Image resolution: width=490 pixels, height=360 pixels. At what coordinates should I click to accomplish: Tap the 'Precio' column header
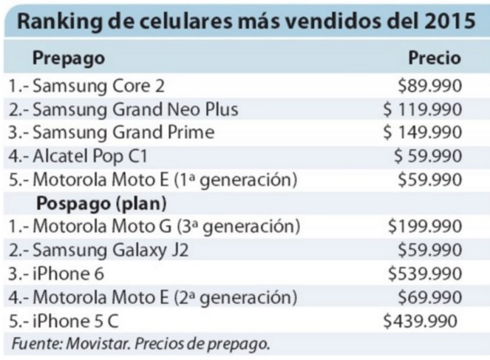(435, 58)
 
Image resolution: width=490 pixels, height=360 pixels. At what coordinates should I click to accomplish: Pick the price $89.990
(430, 86)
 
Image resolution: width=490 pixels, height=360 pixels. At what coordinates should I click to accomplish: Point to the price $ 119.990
(423, 109)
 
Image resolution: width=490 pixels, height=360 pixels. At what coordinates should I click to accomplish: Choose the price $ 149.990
(423, 133)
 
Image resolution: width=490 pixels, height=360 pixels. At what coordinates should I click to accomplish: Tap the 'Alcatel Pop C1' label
(83, 156)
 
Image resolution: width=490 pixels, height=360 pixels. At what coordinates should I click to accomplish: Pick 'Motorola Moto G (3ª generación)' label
(154, 225)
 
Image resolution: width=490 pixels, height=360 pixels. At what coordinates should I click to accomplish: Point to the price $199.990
(426, 225)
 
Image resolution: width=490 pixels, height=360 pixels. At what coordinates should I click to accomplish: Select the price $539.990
(426, 274)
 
